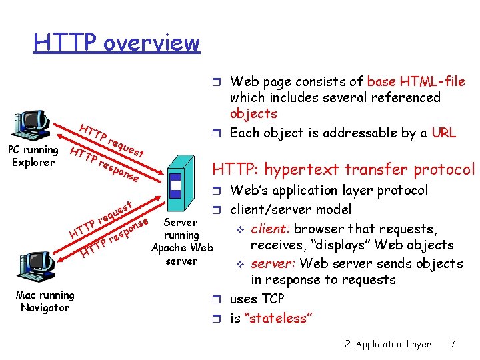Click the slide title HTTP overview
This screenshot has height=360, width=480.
pyautogui.click(x=117, y=43)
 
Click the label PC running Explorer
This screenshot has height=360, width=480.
pyautogui.click(x=32, y=156)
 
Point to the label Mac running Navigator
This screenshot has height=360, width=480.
pyautogui.click(x=45, y=301)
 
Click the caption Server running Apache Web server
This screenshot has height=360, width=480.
pyautogui.click(x=182, y=241)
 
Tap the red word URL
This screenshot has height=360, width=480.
pyautogui.click(x=443, y=133)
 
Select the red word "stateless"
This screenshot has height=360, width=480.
pyautogui.click(x=279, y=318)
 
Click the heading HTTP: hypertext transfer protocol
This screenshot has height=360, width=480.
pyautogui.click(x=343, y=170)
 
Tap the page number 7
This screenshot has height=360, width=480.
pyautogui.click(x=453, y=345)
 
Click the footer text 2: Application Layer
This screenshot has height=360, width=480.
pyautogui.click(x=388, y=345)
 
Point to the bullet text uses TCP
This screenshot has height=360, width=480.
pyautogui.click(x=257, y=299)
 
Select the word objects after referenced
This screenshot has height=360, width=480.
pyautogui.click(x=253, y=114)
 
